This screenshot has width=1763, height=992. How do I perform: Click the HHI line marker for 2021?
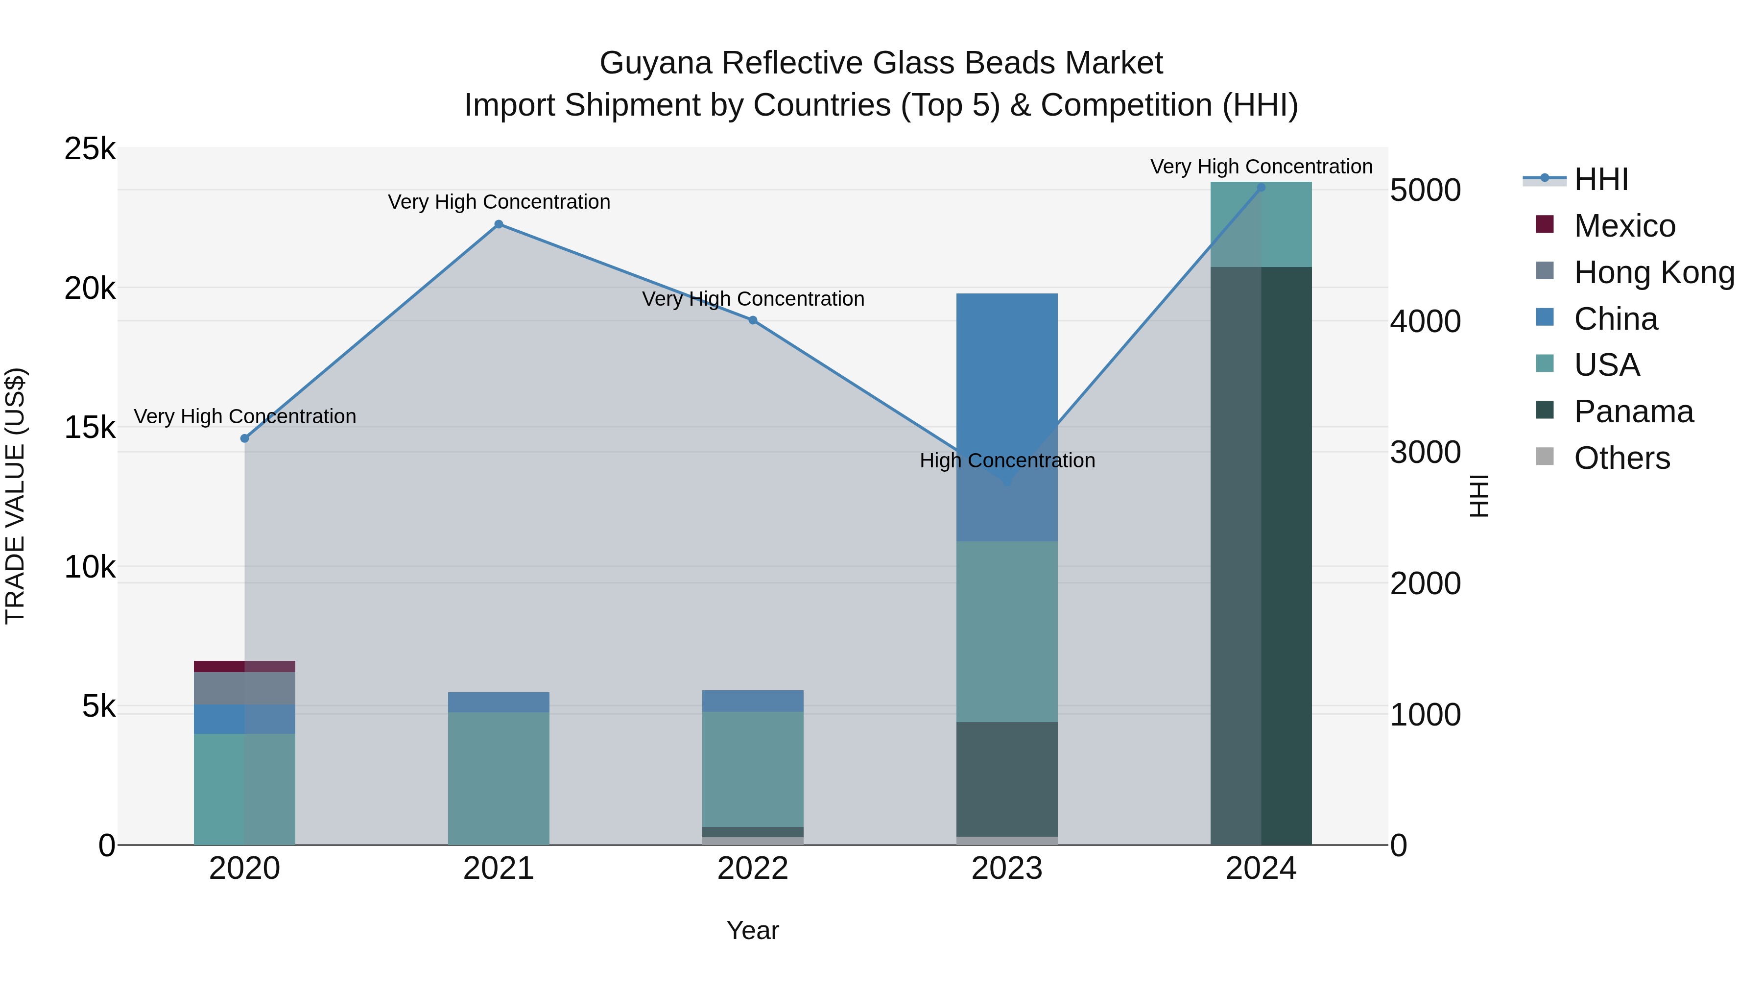[x=498, y=224]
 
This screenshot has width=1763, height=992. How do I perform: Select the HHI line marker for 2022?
[x=752, y=320]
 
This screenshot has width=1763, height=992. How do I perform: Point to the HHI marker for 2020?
[x=244, y=438]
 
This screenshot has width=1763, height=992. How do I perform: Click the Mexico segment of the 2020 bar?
[x=244, y=666]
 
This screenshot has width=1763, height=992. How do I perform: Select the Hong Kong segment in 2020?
[x=244, y=688]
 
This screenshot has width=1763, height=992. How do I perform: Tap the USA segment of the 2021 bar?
[x=498, y=778]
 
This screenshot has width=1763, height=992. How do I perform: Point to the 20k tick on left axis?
[x=90, y=288]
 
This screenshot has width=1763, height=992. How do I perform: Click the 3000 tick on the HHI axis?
[x=1425, y=453]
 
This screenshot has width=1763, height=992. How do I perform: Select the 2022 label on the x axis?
[x=752, y=869]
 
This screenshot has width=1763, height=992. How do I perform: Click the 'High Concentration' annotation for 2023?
[x=1007, y=461]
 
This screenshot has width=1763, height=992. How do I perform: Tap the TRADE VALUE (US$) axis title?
[x=15, y=496]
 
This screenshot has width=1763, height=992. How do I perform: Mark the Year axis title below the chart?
[x=752, y=930]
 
